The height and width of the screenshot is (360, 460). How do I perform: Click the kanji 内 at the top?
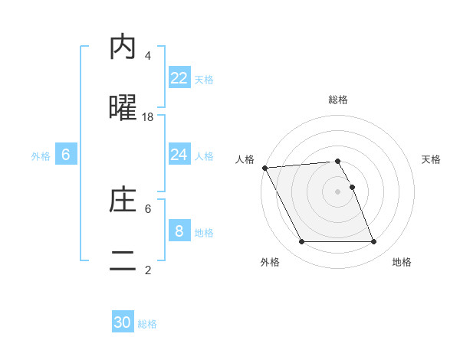[123, 47]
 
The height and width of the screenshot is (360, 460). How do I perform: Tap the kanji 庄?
[123, 201]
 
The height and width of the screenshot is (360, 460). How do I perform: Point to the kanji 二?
[123, 260]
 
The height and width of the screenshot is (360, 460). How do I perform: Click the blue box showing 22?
[179, 78]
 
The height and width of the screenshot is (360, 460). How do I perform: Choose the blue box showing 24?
[179, 155]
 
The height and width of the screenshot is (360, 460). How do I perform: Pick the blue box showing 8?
[179, 231]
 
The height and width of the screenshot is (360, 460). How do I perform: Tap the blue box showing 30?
[123, 322]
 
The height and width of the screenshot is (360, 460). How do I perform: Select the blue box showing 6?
[66, 155]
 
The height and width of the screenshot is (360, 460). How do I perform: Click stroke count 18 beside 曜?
[148, 116]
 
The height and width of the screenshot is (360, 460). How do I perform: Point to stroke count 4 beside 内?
[148, 56]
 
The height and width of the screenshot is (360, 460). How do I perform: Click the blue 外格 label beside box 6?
[41, 155]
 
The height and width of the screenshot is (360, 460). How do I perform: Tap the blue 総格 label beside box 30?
[147, 324]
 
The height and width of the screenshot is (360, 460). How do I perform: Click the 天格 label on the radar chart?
[431, 159]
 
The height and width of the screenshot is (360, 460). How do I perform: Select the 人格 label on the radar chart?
[245, 159]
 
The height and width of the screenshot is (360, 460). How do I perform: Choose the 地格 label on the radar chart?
[402, 262]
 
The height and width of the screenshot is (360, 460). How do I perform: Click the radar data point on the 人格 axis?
[265, 168]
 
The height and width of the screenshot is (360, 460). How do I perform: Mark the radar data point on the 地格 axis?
[374, 242]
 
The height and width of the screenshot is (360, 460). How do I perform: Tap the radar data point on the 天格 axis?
[352, 187]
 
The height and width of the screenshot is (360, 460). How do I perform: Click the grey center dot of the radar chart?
[338, 191]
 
